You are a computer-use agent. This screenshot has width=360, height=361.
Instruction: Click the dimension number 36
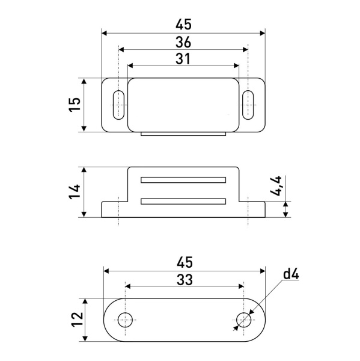(x=183, y=42)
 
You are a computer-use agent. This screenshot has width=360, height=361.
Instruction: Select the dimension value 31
(x=183, y=59)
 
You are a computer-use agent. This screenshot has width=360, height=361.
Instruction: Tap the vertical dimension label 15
(x=75, y=105)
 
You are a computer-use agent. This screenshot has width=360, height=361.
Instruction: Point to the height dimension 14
(x=75, y=191)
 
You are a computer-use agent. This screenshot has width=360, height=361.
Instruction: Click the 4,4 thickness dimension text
(x=276, y=186)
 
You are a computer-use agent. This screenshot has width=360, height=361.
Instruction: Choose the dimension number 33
(x=185, y=280)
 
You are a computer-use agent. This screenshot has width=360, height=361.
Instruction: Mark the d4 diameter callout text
(x=291, y=274)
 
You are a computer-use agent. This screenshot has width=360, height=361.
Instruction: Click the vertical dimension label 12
(x=78, y=319)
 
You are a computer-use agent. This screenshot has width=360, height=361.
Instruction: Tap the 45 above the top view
(x=183, y=25)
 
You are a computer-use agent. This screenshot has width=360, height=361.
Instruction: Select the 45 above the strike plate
(x=185, y=262)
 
